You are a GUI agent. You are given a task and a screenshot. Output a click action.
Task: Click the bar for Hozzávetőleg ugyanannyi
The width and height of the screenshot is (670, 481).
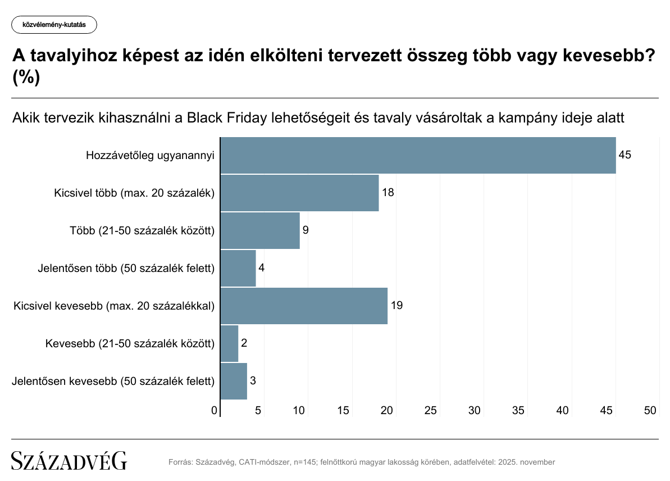pyautogui.click(x=418, y=155)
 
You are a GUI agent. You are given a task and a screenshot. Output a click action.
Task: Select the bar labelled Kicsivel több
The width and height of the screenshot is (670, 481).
pyautogui.click(x=299, y=193)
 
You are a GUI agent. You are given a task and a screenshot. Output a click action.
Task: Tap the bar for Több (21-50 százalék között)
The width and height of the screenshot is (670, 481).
pyautogui.click(x=260, y=230)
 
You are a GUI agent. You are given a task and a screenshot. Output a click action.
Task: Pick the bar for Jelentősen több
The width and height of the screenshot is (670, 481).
pyautogui.click(x=238, y=268)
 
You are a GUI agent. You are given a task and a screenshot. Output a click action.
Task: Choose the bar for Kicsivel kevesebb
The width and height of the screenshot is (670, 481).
pyautogui.click(x=304, y=306)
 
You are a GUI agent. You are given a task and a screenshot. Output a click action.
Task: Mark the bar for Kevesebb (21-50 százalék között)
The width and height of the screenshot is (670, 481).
pyautogui.click(x=229, y=343)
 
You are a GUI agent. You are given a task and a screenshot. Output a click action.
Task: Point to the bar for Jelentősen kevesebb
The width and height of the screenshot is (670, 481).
pyautogui.click(x=234, y=381)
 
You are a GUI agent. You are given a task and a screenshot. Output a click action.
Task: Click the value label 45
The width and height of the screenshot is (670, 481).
pyautogui.click(x=625, y=155)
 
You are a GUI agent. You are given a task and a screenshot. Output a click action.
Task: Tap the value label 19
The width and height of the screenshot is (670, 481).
pyautogui.click(x=396, y=306)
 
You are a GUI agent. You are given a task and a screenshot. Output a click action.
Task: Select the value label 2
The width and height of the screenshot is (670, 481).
pyautogui.click(x=244, y=343)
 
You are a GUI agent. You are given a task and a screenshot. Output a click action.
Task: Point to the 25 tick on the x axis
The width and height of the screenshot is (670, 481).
pyautogui.click(x=431, y=411)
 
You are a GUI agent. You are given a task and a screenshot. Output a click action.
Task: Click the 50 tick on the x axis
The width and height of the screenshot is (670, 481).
pyautogui.click(x=650, y=411)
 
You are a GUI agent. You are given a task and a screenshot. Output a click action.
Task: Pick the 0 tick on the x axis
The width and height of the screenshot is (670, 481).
pyautogui.click(x=215, y=411)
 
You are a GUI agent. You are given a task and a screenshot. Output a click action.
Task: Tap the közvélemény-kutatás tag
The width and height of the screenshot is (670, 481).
pyautogui.click(x=54, y=25)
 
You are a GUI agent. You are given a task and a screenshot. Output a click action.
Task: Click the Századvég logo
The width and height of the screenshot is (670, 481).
pyautogui.click(x=69, y=461)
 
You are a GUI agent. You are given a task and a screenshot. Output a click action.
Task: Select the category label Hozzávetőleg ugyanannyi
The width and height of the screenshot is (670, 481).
pyautogui.click(x=151, y=155)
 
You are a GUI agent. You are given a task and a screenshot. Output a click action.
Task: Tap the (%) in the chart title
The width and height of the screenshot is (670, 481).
pyautogui.click(x=26, y=78)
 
